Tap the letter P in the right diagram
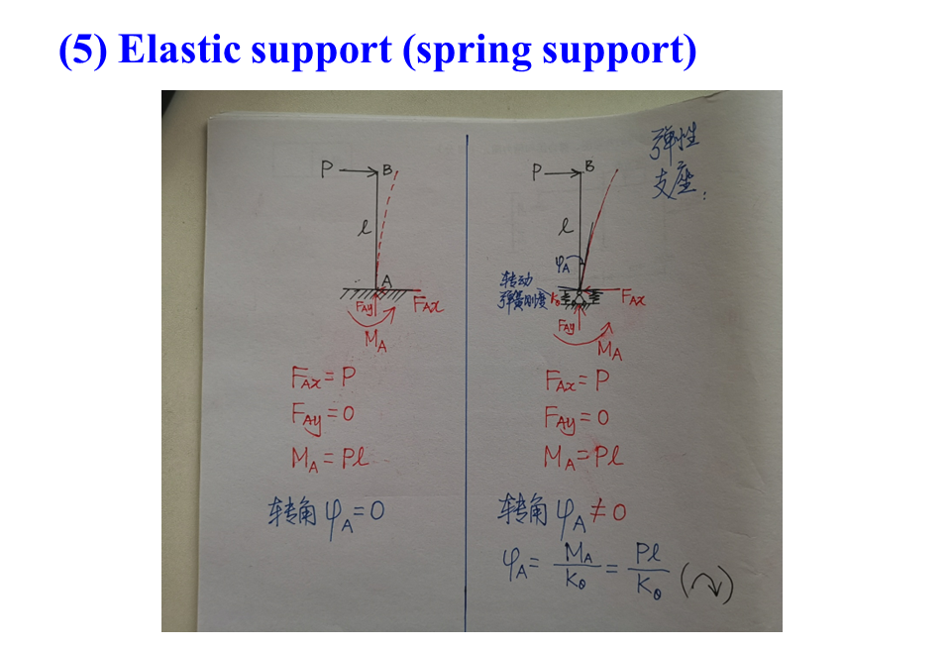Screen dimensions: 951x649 pyautogui.click(x=537, y=171)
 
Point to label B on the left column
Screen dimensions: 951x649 pyautogui.click(x=388, y=169)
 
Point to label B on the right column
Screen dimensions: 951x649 pyautogui.click(x=590, y=166)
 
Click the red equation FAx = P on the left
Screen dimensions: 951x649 pyautogui.click(x=322, y=378)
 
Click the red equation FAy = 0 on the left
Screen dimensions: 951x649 pyautogui.click(x=322, y=415)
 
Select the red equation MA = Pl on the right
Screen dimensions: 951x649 pyautogui.click(x=582, y=457)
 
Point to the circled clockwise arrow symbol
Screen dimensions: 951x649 pyautogui.click(x=709, y=585)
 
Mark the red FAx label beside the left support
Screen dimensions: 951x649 pyautogui.click(x=428, y=304)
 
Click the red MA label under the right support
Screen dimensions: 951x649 pyautogui.click(x=609, y=350)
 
